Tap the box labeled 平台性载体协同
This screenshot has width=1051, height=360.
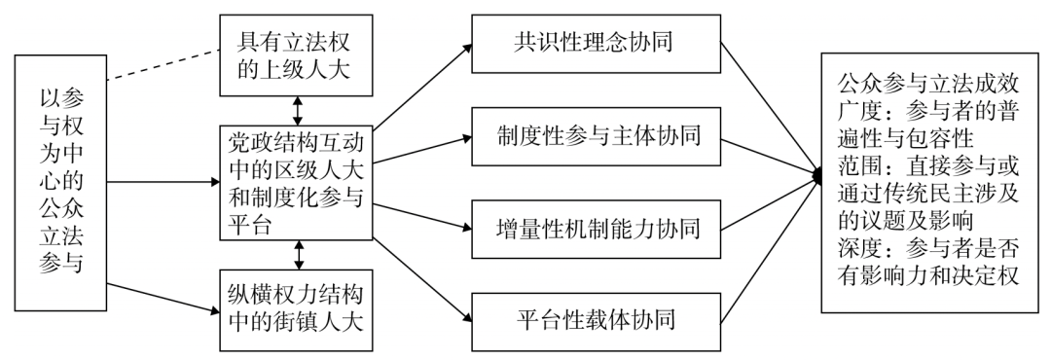click(x=595, y=318)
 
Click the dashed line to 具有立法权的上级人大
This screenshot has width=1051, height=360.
click(x=162, y=63)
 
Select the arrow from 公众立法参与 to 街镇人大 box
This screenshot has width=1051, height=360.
click(x=162, y=297)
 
